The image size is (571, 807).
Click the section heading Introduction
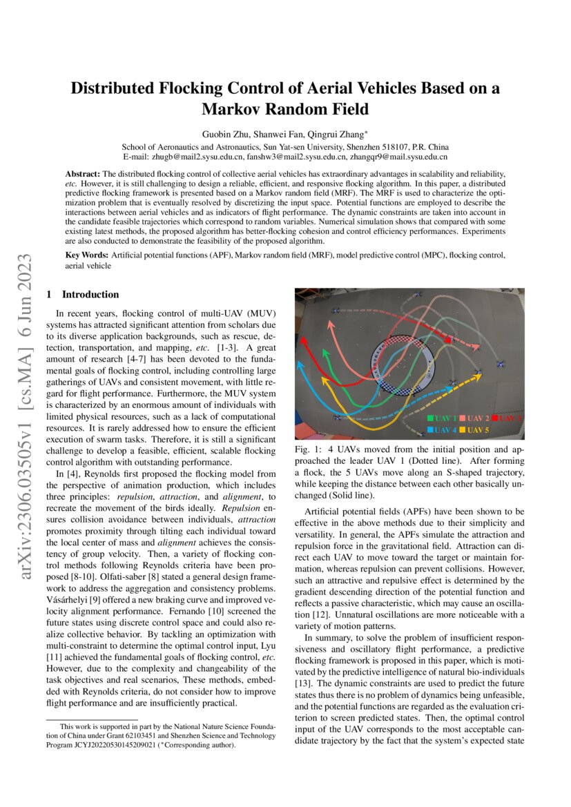[90, 294]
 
